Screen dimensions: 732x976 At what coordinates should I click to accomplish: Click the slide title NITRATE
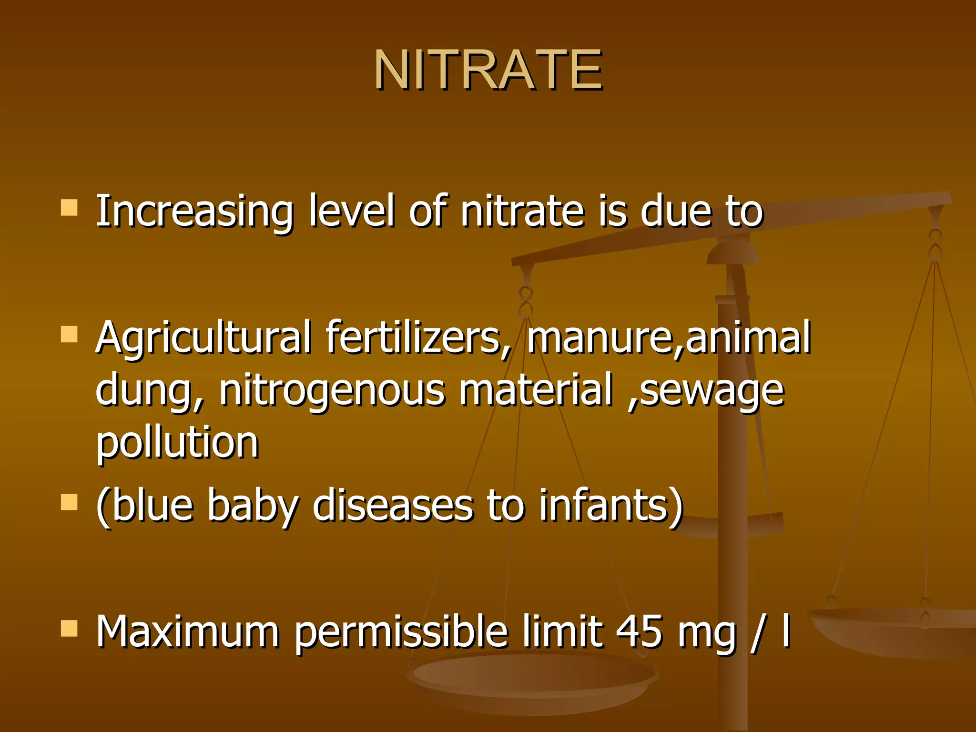(x=488, y=70)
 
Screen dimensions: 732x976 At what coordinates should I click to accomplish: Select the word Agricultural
(x=203, y=338)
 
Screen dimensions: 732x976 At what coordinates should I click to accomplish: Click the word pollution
(x=177, y=442)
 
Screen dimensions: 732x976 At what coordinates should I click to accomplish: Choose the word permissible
(x=401, y=633)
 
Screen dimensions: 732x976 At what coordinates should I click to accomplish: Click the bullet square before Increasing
(x=70, y=208)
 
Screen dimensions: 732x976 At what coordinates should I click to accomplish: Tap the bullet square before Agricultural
(x=70, y=335)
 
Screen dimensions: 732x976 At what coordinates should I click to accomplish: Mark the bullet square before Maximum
(x=70, y=629)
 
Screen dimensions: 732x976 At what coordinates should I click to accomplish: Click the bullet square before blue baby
(x=70, y=502)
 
